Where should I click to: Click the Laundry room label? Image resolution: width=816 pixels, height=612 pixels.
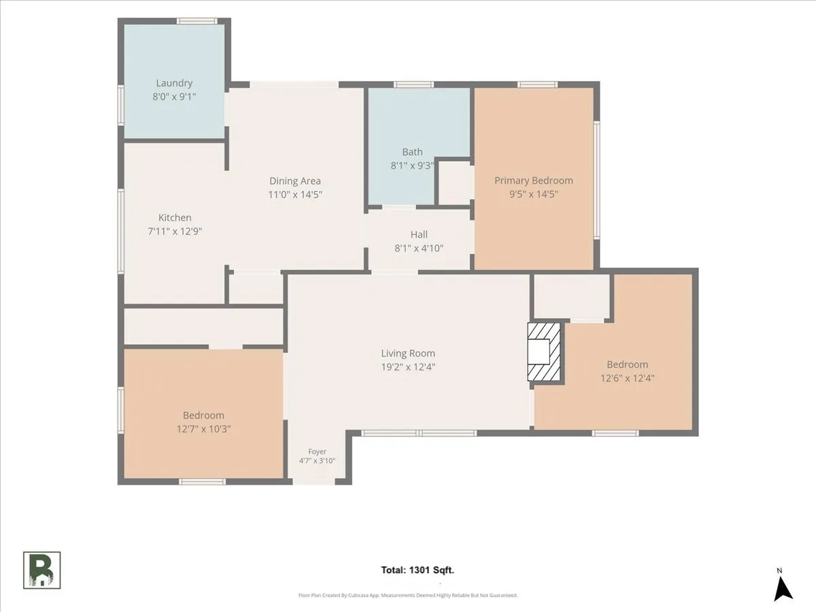coord(174,83)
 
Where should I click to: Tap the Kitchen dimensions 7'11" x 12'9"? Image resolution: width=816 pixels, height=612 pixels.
coord(175,231)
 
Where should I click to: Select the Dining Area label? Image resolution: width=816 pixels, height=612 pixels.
coord(295,181)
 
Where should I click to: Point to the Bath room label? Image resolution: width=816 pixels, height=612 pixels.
coord(412,152)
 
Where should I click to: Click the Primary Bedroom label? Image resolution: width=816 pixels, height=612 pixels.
coord(534,181)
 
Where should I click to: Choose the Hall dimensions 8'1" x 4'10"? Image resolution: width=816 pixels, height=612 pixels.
coord(419,248)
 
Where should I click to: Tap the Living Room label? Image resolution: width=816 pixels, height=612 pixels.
coord(408,354)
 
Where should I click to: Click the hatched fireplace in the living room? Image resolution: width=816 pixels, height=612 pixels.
coord(544,352)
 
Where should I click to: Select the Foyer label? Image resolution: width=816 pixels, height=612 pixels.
coord(317,452)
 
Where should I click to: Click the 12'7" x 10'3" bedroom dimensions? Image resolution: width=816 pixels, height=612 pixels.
coord(203,429)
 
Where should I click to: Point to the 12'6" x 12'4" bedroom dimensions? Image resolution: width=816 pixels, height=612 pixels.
coord(628,378)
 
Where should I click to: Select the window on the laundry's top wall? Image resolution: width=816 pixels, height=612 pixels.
coord(197,21)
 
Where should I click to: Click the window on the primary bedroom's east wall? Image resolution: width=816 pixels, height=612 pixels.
coord(596,180)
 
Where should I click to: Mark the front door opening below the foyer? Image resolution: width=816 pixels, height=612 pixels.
coord(313,481)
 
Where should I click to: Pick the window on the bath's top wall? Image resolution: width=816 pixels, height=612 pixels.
coord(413,85)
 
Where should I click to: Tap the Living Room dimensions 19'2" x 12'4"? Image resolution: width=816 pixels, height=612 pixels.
coord(408,367)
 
